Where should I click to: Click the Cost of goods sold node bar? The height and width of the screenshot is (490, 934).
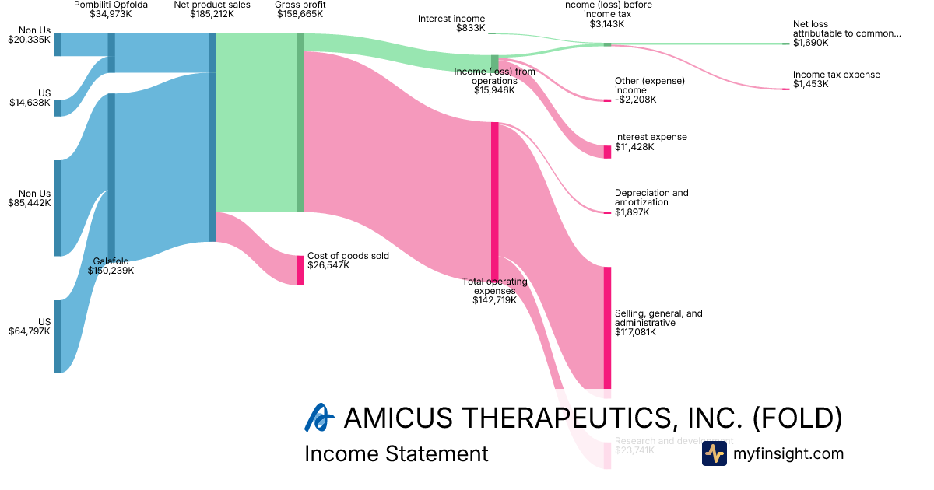300,270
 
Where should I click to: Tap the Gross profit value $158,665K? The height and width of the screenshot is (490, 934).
300,14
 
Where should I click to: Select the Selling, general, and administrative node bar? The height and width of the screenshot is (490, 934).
607,327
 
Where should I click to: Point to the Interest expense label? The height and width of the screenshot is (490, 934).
651,137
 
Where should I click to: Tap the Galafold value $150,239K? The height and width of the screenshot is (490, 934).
114,271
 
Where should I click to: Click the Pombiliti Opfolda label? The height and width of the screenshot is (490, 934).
111,5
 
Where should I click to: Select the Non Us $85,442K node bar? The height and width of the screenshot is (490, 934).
57,208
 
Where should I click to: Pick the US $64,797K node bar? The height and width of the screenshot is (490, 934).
57,336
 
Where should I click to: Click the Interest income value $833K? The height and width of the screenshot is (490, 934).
470,28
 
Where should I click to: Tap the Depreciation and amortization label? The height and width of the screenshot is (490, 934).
651,198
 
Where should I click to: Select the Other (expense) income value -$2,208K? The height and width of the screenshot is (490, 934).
635,100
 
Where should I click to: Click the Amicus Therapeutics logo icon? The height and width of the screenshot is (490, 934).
319,418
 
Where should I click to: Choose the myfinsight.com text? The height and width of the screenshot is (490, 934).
788,453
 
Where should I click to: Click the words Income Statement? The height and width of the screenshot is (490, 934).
396,453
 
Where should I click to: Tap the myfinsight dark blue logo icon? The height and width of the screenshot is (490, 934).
715,453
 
